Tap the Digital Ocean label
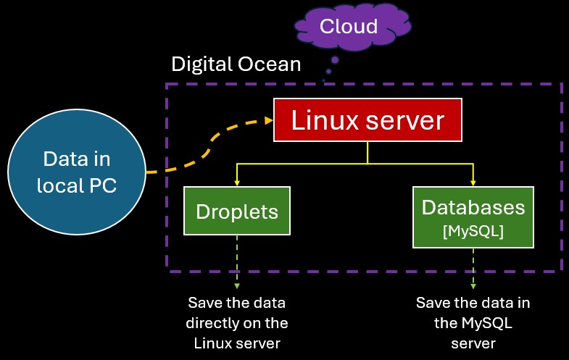click(x=236, y=64)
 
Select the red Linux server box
click(x=367, y=120)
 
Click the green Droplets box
click(x=237, y=211)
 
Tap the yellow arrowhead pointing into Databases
click(x=473, y=182)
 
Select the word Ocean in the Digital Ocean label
click(x=270, y=64)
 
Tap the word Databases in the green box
click(x=473, y=207)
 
